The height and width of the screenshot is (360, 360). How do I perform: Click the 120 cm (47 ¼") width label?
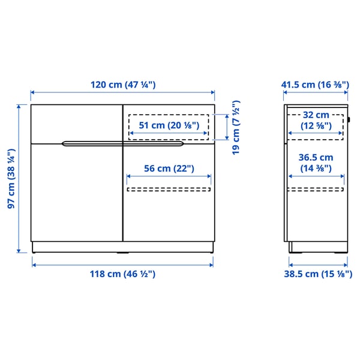click(123, 85)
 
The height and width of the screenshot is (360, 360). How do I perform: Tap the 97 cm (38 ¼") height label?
click(11, 179)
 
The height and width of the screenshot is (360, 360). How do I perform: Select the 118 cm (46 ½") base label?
click(123, 274)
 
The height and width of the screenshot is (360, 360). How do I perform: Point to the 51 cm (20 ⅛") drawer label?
click(168, 125)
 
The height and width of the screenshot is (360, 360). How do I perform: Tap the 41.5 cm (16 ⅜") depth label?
click(316, 85)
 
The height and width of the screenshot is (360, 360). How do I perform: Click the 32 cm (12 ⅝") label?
click(316, 120)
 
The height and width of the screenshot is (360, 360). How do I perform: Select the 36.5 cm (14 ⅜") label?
click(316, 163)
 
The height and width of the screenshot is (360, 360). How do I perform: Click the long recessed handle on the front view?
click(123, 143)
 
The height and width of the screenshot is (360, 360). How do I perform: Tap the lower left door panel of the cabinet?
click(76, 192)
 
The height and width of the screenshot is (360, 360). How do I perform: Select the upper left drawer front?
click(76, 124)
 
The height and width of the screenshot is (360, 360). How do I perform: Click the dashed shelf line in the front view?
click(169, 190)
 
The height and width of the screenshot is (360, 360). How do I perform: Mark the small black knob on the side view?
click(349, 118)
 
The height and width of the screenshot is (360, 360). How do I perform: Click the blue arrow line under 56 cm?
click(169, 176)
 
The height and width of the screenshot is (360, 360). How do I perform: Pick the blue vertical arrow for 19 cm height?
click(226, 128)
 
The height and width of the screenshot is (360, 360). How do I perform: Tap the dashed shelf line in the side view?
click(316, 190)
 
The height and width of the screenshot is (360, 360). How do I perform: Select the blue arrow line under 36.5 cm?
click(316, 176)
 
